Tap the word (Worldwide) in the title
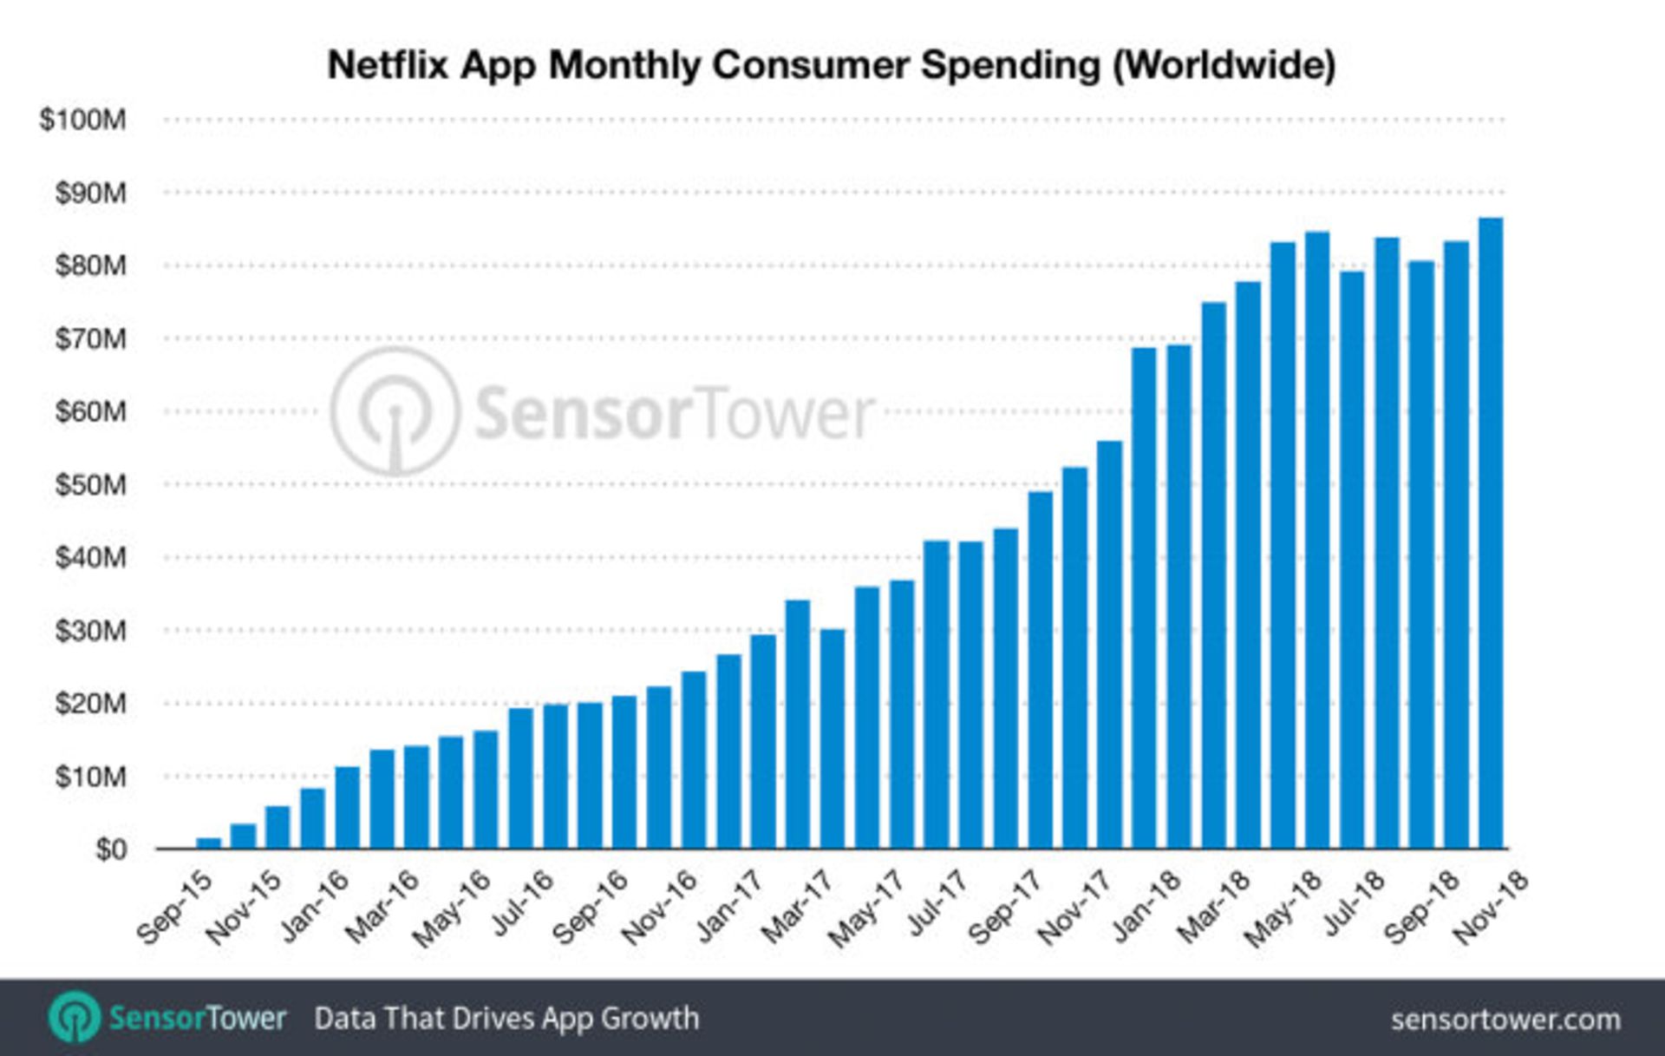[x=1224, y=66]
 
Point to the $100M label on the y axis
[x=83, y=120]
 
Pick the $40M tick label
[x=90, y=558]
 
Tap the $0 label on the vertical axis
[x=110, y=849]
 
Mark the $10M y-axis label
[x=90, y=777]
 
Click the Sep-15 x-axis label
[x=174, y=907]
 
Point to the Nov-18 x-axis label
[x=1490, y=908]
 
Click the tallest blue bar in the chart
[x=1490, y=533]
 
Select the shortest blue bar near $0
[x=209, y=843]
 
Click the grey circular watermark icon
[x=395, y=411]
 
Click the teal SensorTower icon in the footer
[x=75, y=1017]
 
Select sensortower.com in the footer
[x=1505, y=1020]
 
